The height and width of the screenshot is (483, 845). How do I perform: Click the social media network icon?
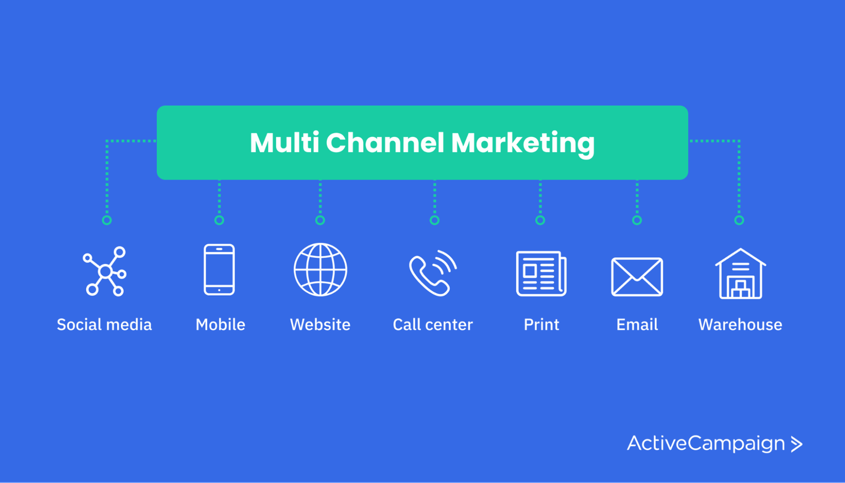tap(104, 271)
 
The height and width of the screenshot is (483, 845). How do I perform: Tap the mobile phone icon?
tap(219, 269)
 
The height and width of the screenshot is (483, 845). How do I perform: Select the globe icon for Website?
tap(320, 270)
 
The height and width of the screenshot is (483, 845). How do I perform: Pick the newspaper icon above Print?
tap(541, 273)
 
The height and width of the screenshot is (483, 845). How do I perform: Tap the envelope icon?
tap(637, 276)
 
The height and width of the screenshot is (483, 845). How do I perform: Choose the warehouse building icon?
tap(740, 274)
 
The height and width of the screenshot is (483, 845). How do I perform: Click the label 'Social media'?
tap(104, 325)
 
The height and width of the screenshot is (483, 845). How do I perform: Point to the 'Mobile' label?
tap(221, 325)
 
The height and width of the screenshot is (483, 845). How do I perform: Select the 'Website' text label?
tap(320, 325)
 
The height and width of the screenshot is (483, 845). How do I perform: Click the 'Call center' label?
tap(433, 325)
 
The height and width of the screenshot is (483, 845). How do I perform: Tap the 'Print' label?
tap(542, 325)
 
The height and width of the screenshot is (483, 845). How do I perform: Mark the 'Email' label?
tap(637, 325)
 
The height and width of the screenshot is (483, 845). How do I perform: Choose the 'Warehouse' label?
tap(740, 325)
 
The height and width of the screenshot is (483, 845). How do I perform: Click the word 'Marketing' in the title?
tap(523, 143)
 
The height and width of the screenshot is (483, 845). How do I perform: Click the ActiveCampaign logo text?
tap(706, 443)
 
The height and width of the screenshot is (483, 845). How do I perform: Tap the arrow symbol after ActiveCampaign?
tap(796, 444)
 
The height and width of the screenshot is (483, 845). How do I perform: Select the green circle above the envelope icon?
tap(637, 220)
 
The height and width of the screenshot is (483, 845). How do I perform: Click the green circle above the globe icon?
tap(320, 220)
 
